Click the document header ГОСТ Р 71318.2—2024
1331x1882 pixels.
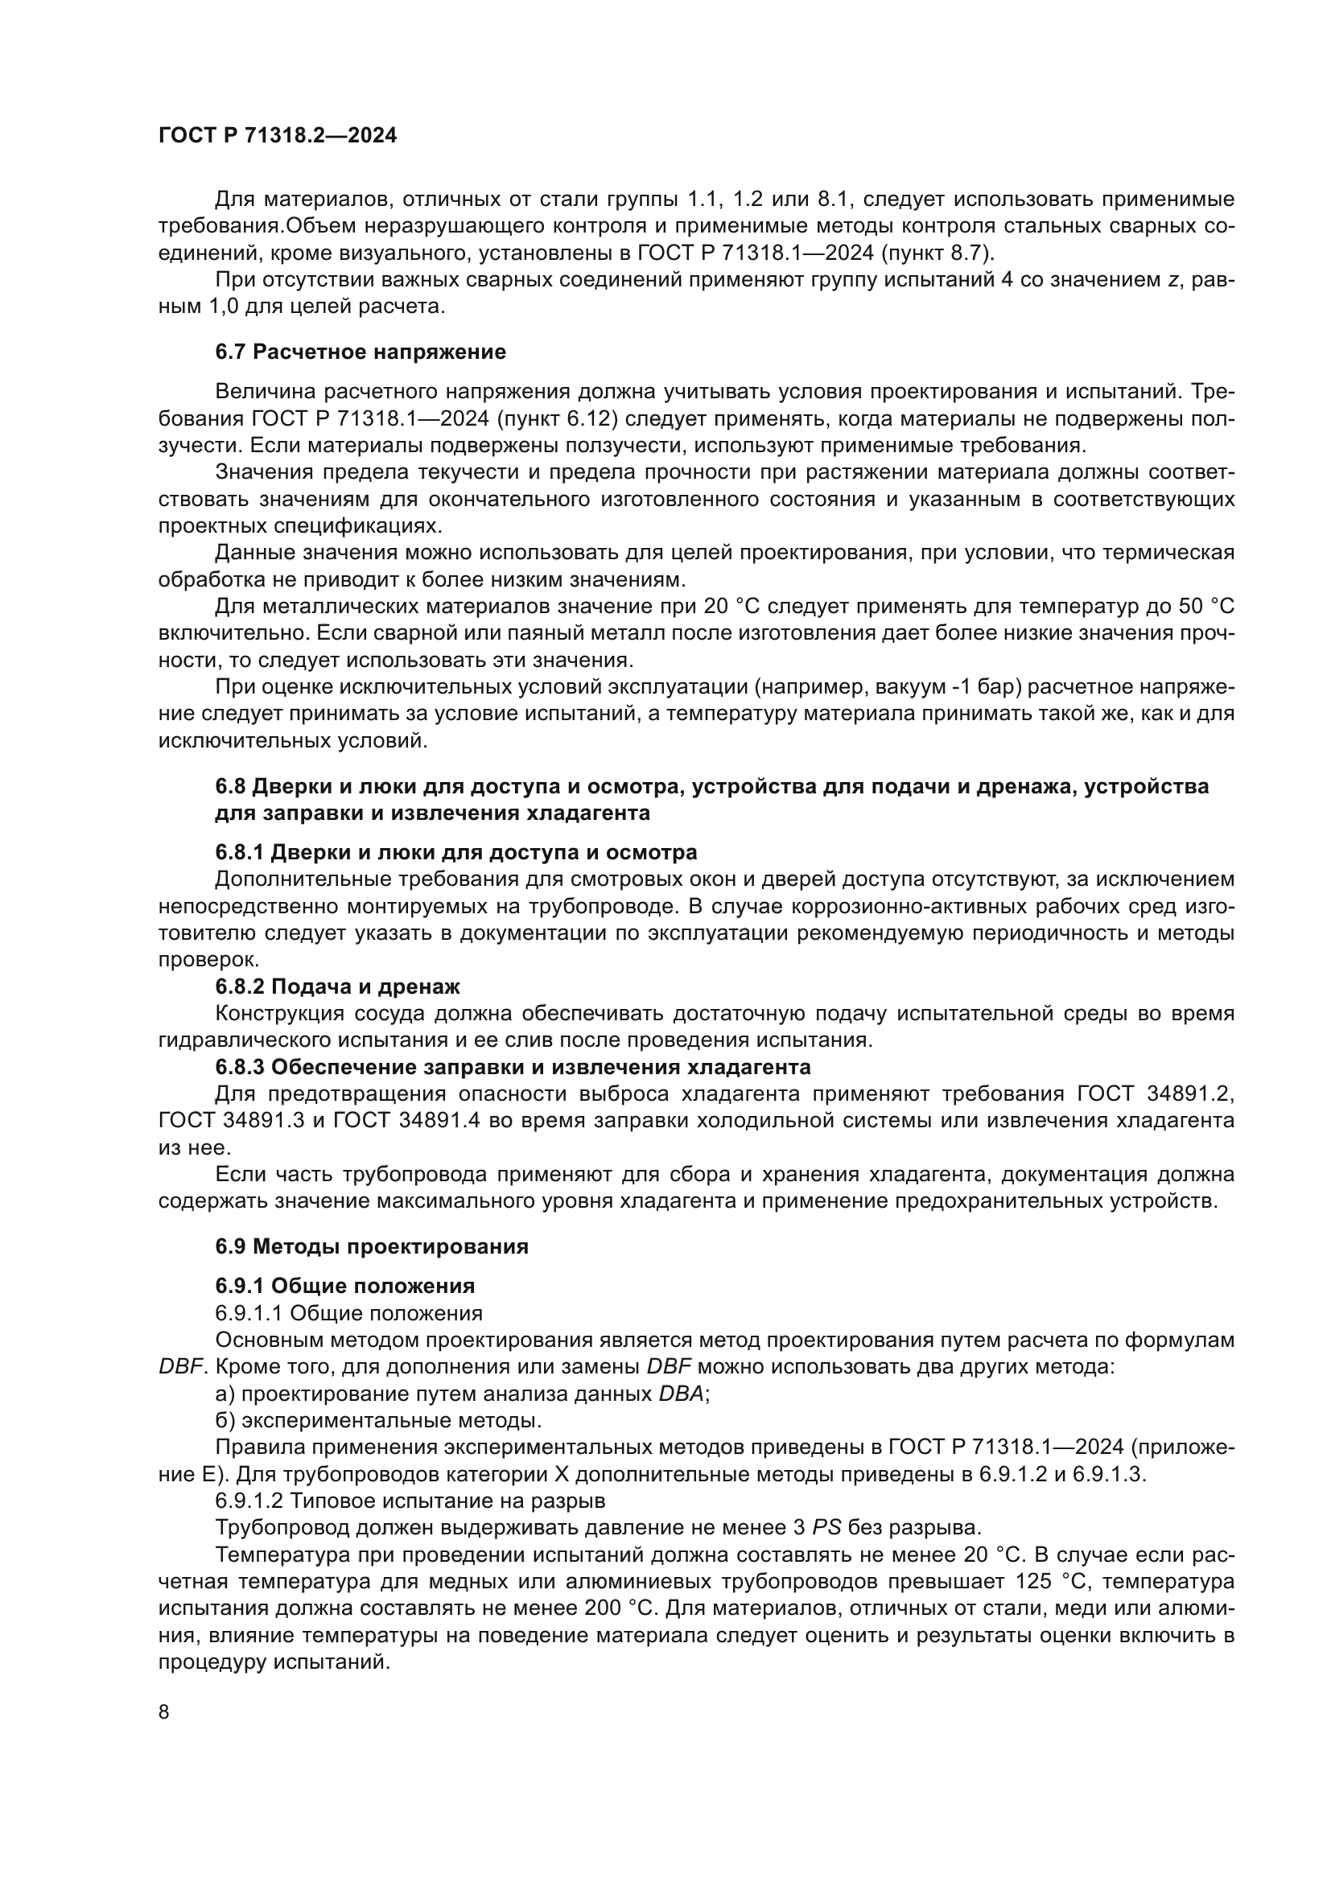point(278,136)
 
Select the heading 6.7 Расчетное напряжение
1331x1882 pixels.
point(361,352)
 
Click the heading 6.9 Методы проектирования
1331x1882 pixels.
point(371,1246)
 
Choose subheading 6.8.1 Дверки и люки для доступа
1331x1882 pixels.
point(455,852)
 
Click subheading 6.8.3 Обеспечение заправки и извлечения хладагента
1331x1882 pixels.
point(513,1067)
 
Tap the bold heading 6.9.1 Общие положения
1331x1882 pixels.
point(345,1285)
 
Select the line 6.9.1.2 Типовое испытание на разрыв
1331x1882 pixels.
point(410,1501)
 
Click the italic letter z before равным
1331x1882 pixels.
point(1172,280)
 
